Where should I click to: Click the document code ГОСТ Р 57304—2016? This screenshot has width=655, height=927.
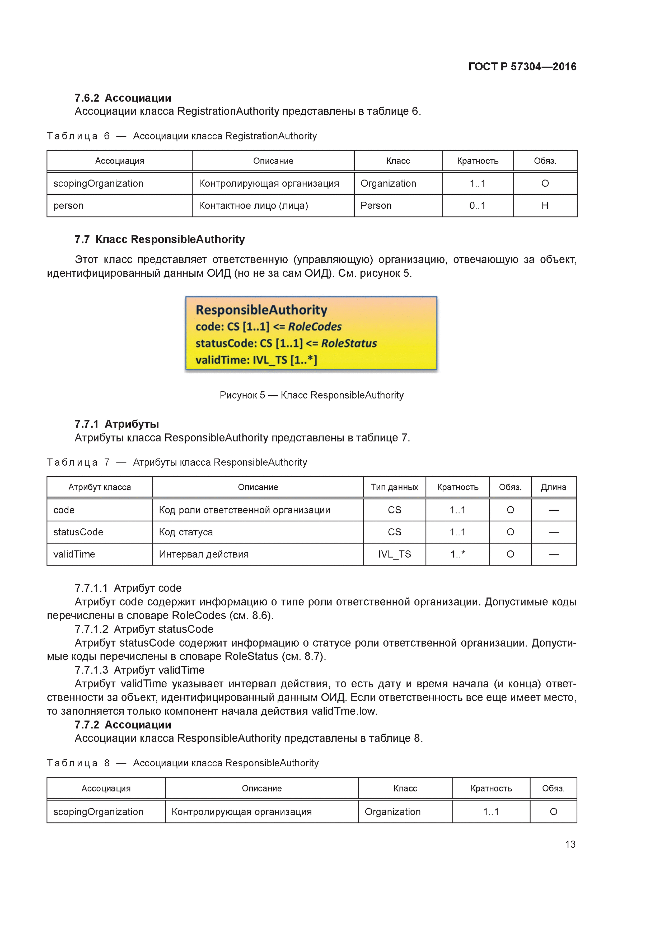[522, 67]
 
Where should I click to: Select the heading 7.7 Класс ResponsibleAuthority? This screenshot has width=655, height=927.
[160, 239]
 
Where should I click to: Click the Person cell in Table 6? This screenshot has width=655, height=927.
[376, 206]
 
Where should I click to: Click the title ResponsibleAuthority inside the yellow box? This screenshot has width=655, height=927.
[261, 310]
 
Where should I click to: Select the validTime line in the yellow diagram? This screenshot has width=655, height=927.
[256, 360]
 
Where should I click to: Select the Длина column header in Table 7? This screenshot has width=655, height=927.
[553, 487]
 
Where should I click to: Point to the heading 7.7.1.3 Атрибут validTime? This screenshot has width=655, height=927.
[139, 670]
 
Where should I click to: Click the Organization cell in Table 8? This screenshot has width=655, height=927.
[392, 812]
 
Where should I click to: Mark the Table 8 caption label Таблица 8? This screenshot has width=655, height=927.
[78, 763]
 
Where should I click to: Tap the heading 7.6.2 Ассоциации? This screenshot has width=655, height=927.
[123, 98]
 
